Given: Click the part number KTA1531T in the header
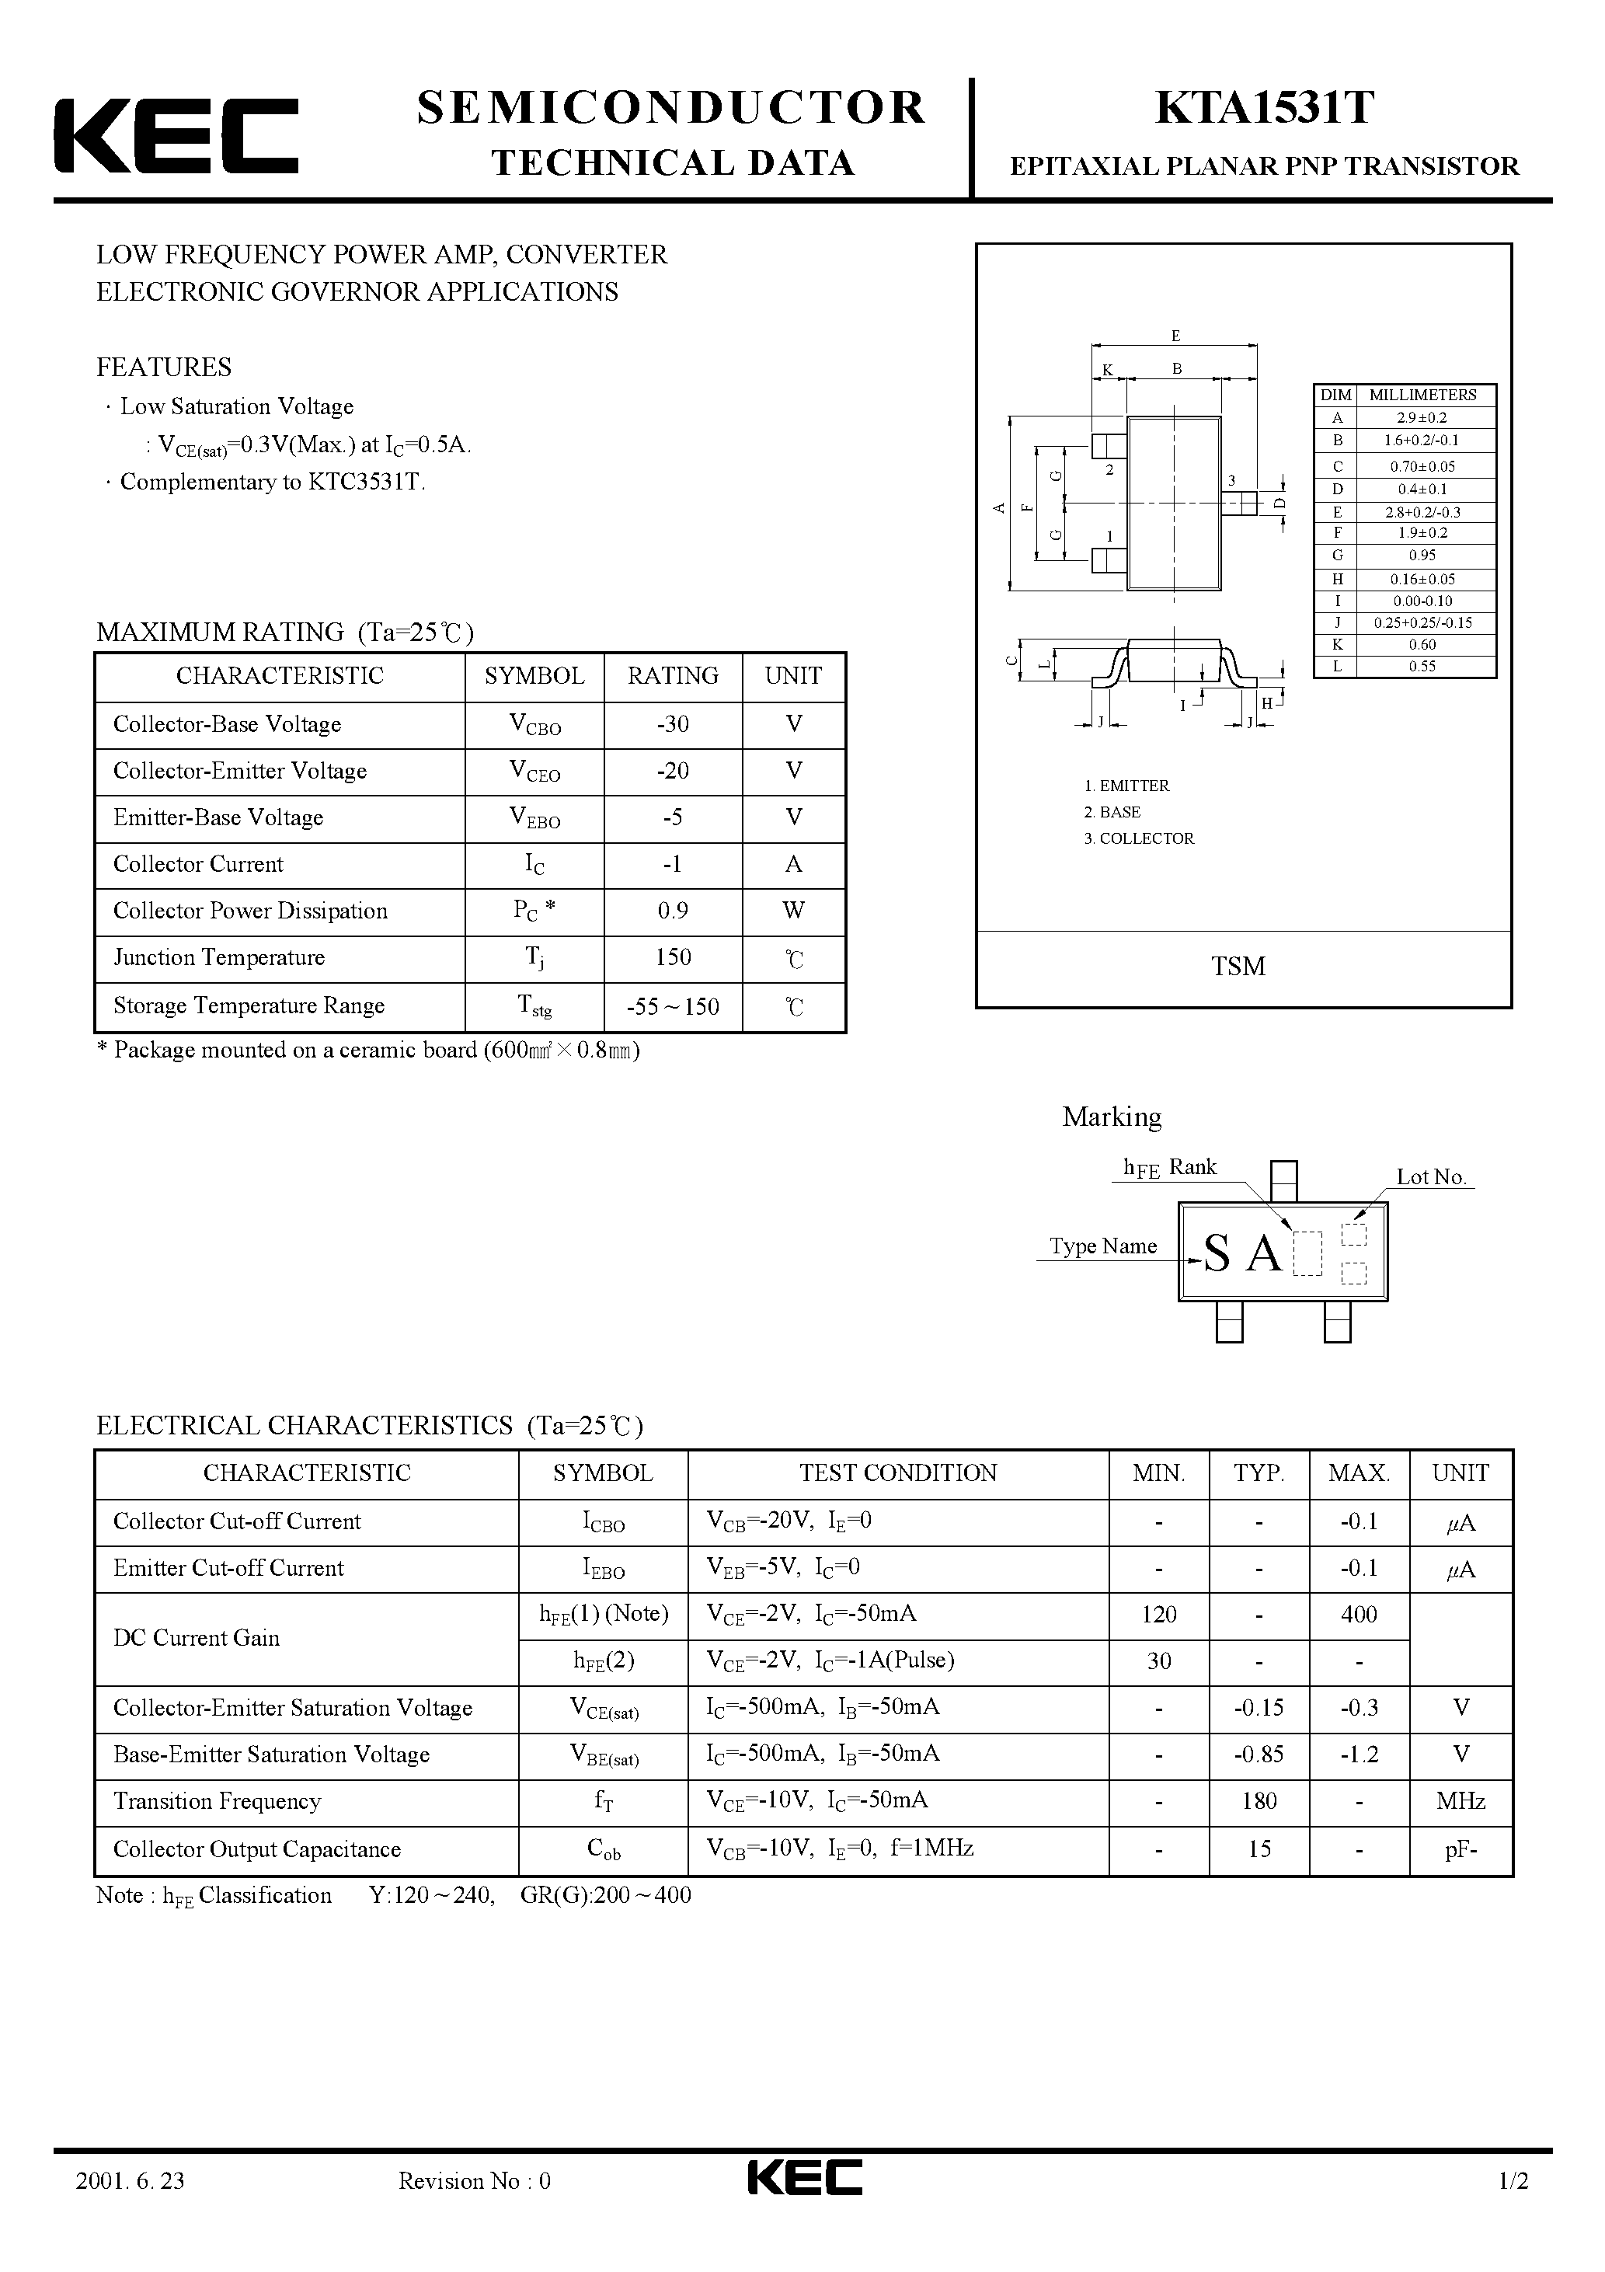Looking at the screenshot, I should click(x=1264, y=108).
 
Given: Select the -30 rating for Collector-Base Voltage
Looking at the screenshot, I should click(x=673, y=724).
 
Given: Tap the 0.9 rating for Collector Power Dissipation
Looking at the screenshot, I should click(x=673, y=911).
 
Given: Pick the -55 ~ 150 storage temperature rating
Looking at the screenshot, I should click(x=673, y=1007).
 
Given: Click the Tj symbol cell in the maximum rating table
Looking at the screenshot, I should click(x=534, y=958).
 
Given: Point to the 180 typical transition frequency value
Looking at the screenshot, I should click(x=1259, y=1801).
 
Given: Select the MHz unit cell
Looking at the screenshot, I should click(x=1461, y=1801).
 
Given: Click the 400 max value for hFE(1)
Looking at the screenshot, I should click(x=1359, y=1615).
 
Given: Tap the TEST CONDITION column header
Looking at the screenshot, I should click(x=899, y=1473).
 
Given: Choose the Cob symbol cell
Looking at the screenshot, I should click(x=603, y=1849).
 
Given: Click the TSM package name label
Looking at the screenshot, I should click(x=1238, y=966).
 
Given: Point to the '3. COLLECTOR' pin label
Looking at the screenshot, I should click(x=1139, y=838).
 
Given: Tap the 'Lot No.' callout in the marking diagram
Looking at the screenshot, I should click(x=1431, y=1176).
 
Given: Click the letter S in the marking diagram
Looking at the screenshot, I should click(x=1217, y=1256).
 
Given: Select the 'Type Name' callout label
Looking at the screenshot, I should click(x=1103, y=1246).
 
